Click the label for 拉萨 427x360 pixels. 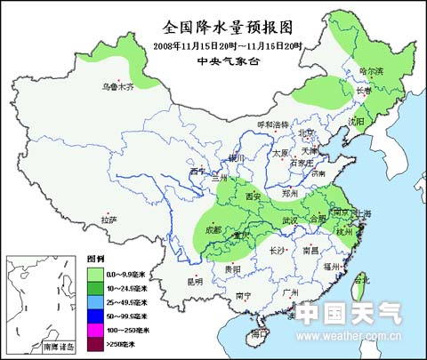pos(109,219)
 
